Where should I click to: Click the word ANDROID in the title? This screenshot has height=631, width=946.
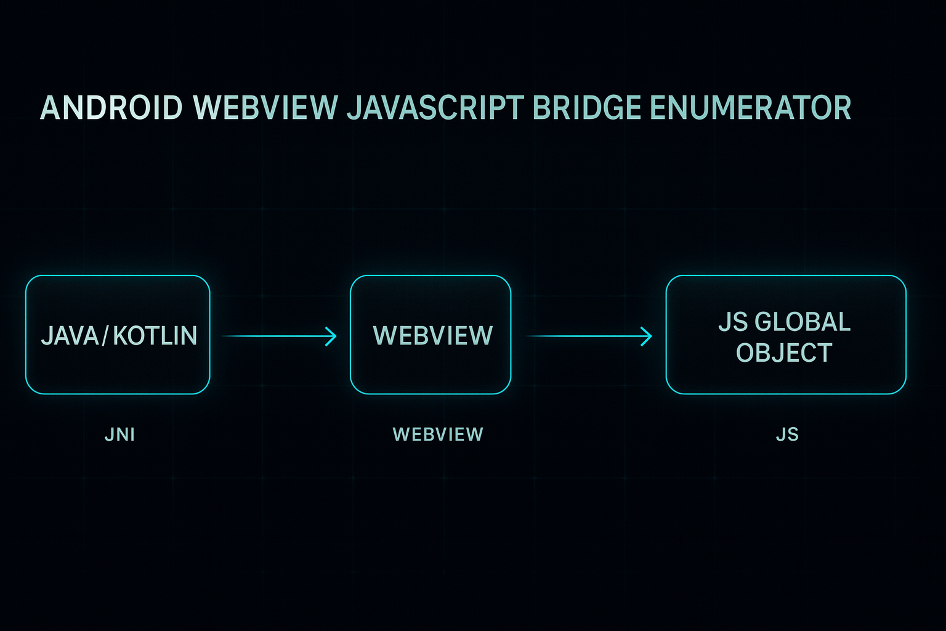(x=111, y=108)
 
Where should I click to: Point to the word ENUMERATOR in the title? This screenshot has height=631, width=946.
(x=750, y=108)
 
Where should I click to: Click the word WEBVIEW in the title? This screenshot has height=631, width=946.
(x=265, y=108)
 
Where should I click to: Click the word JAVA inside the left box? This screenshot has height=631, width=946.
(x=70, y=336)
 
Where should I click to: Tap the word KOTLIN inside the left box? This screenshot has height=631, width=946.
(x=155, y=336)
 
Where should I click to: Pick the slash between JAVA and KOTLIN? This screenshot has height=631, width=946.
(x=105, y=336)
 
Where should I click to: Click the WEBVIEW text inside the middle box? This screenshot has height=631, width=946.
(x=433, y=336)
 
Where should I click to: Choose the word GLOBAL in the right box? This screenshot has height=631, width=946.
(x=802, y=322)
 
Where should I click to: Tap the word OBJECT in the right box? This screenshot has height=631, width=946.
(x=784, y=353)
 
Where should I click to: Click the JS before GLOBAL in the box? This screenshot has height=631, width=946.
(x=733, y=322)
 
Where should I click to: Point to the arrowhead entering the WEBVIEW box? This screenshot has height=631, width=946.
(x=332, y=336)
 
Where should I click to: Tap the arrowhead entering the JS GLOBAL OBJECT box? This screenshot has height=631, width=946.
(x=647, y=336)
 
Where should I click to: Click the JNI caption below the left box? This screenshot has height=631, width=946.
(x=119, y=434)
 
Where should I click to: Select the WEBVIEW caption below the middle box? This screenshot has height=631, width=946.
(x=438, y=434)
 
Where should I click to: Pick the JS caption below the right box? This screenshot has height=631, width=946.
(x=787, y=434)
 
